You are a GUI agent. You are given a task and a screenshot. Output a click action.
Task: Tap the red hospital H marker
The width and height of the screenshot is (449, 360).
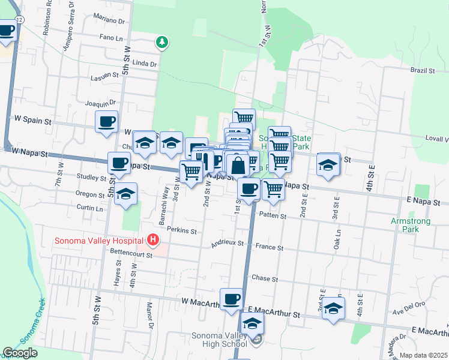[x=153, y=241]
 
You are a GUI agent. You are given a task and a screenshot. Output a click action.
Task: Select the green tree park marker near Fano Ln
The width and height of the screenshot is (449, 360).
[x=161, y=42]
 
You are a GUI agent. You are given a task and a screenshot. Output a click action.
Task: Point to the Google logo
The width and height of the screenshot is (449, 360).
[x=20, y=353]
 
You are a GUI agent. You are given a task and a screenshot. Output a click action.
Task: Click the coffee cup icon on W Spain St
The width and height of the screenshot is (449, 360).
[x=106, y=122]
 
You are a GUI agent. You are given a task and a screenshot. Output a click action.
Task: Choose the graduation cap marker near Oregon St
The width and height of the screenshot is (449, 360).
[x=126, y=194]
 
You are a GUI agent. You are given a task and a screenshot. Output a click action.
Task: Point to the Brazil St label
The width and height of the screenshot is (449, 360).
[x=423, y=71]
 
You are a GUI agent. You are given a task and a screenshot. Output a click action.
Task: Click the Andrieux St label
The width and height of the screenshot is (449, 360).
[x=227, y=244]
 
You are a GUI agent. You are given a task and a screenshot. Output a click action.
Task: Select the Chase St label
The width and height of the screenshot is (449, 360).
[x=265, y=279]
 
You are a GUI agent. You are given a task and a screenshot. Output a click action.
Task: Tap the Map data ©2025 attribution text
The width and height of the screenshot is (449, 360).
[x=423, y=355]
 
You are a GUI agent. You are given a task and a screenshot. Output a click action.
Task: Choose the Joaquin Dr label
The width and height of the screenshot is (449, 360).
[x=100, y=103]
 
